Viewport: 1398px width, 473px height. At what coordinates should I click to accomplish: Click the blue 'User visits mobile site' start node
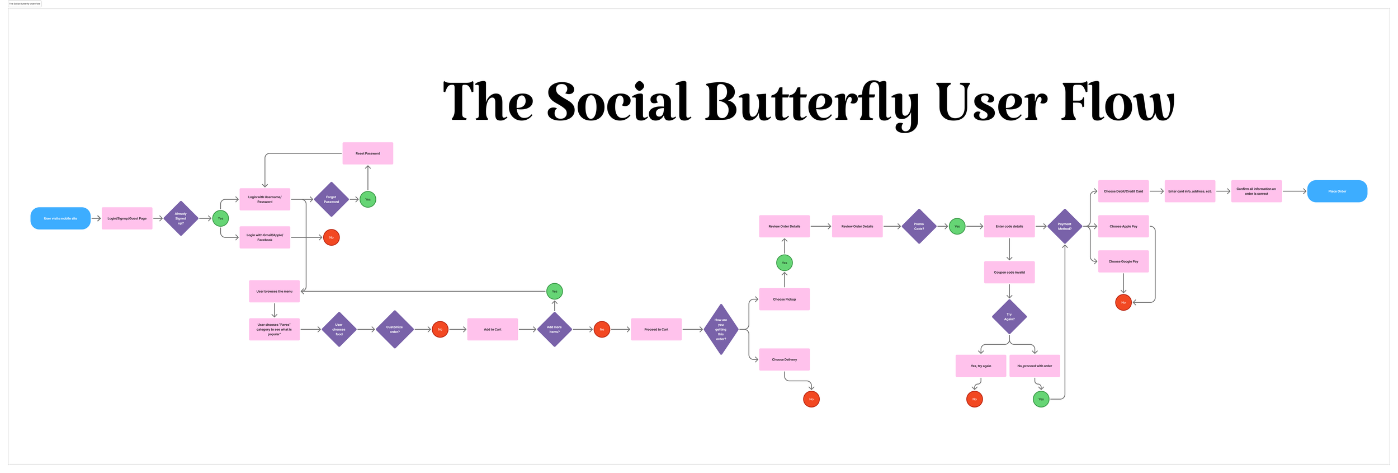(60, 218)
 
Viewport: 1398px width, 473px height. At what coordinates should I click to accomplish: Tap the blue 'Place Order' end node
(1337, 191)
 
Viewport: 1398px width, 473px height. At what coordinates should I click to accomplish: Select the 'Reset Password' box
(367, 153)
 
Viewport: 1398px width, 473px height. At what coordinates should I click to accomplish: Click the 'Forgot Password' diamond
(331, 199)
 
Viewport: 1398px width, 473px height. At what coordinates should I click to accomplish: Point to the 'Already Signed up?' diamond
(181, 218)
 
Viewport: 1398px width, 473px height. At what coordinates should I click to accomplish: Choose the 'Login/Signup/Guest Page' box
(127, 218)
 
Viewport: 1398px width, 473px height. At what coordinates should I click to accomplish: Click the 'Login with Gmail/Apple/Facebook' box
(265, 237)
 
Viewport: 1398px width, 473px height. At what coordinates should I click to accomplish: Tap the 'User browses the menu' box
(274, 291)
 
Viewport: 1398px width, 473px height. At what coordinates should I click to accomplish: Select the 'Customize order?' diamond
(394, 329)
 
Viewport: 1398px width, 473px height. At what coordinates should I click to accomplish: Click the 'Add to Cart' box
(492, 329)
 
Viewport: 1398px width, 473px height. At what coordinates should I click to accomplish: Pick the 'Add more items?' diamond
(554, 329)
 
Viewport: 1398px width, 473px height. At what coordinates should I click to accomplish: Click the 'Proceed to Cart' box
(656, 329)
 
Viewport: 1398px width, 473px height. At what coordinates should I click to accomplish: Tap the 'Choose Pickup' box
(784, 299)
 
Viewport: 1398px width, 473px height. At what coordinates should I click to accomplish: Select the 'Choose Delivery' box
(784, 359)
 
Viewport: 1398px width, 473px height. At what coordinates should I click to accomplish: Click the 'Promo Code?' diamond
(919, 226)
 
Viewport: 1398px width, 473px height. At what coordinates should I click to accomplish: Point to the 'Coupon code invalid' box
(1009, 272)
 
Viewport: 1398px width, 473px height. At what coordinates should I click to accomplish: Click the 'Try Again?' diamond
(1009, 317)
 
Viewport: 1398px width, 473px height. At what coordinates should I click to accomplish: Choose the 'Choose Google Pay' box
(1123, 261)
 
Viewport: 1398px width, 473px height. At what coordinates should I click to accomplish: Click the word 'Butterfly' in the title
(811, 102)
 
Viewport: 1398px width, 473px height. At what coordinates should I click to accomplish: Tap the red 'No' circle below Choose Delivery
(811, 399)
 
